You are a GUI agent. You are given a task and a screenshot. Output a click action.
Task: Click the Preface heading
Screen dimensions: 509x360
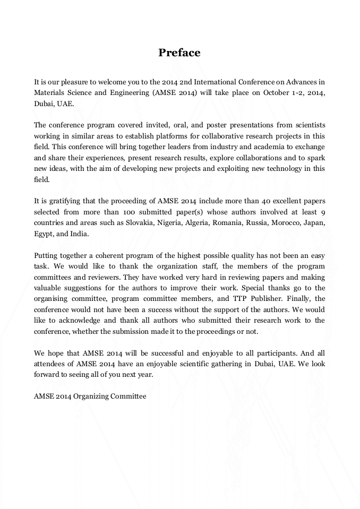pos(179,53)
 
